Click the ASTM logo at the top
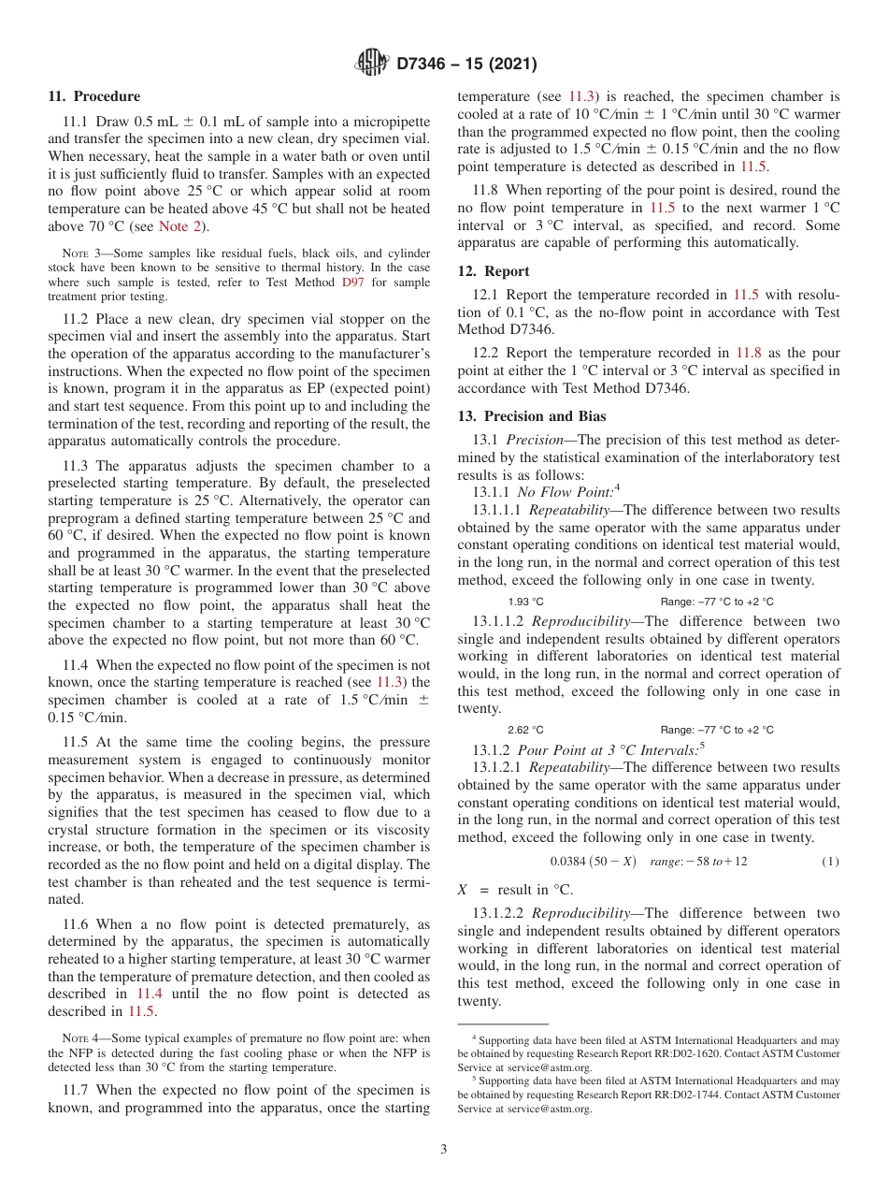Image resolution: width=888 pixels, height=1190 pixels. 372,64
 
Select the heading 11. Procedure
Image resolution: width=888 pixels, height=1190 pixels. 93,96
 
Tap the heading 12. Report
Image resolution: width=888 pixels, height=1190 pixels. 494,270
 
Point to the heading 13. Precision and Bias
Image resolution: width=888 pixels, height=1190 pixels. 531,416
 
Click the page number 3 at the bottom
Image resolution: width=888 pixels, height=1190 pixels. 444,1149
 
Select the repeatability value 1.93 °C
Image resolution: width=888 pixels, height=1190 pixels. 525,602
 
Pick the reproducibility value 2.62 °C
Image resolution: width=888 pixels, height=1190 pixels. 525,730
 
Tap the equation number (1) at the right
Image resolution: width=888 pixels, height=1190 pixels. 830,861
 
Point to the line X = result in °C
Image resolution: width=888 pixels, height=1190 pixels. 515,890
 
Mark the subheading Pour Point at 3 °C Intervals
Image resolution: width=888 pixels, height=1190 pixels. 585,749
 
